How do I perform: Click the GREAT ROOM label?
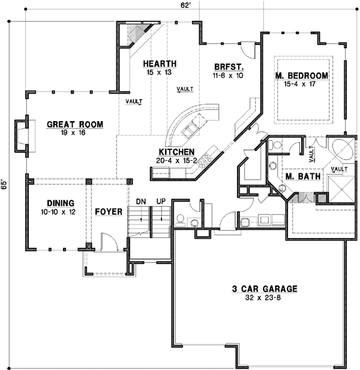pyautogui.click(x=75, y=125)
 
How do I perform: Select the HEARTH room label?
pyautogui.click(x=159, y=64)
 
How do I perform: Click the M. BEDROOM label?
pyautogui.click(x=302, y=76)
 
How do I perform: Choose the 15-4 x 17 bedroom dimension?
pyautogui.click(x=302, y=85)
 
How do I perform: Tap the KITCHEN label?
pyautogui.click(x=176, y=152)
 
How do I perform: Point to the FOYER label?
pyautogui.click(x=108, y=212)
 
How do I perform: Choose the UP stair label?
pyautogui.click(x=160, y=201)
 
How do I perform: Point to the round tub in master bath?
pyautogui.click(x=337, y=149)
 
